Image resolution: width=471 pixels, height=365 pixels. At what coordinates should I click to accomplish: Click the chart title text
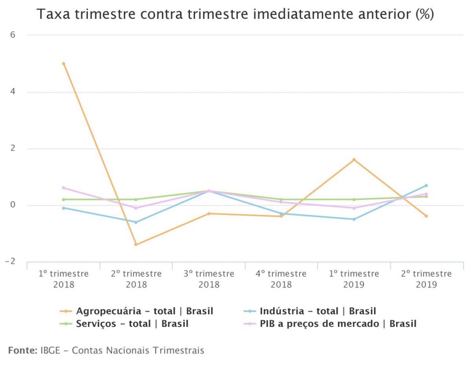coord(235,14)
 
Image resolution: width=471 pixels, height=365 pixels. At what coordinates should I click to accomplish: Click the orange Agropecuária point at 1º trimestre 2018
coord(63,64)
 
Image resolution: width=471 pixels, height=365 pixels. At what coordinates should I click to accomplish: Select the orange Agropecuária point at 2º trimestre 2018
coord(136,244)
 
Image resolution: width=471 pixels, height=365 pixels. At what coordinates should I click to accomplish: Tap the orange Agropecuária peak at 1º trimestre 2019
coord(354,160)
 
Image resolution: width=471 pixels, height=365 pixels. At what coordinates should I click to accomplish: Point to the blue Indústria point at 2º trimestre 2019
coord(426,185)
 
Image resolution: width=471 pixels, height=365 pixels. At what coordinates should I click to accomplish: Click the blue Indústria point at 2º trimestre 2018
coord(136,222)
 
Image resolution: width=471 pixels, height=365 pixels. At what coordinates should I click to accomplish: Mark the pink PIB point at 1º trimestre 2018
coord(63,188)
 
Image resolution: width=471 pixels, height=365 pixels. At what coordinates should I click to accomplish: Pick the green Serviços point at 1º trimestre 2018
coord(63,199)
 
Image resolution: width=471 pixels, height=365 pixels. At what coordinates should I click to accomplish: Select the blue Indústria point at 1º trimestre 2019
coord(354,219)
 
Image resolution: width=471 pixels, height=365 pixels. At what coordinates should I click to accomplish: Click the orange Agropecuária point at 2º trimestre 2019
coord(426,216)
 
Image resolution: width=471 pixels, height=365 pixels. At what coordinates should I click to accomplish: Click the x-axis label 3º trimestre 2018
coord(209,279)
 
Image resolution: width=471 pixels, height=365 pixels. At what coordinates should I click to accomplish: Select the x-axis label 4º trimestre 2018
coord(281,279)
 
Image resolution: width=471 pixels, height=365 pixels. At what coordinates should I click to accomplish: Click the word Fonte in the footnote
coord(22,350)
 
